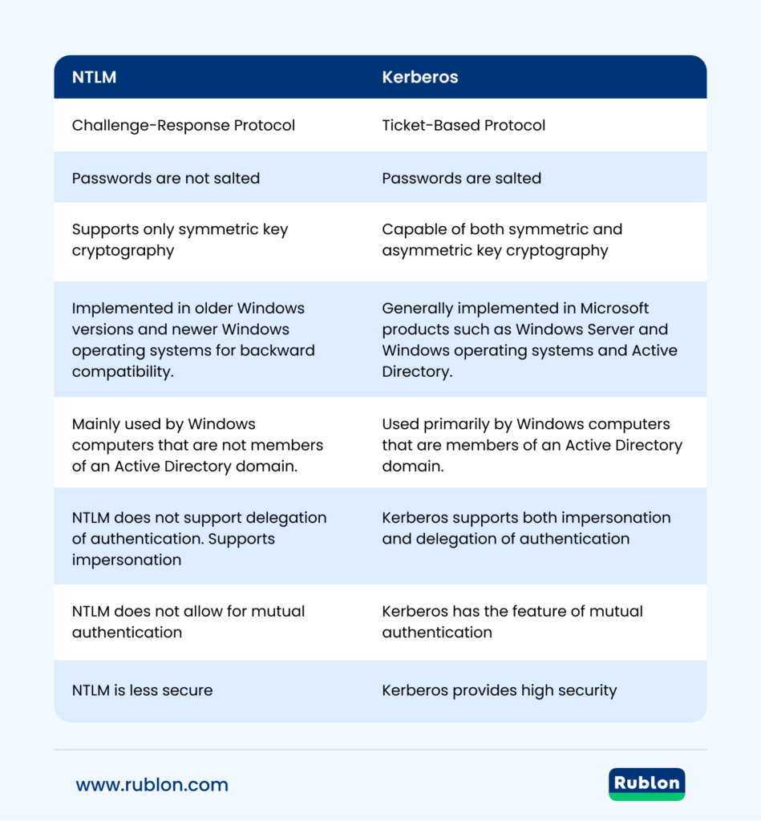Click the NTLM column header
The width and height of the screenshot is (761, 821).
(95, 78)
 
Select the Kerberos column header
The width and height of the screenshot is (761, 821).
(419, 78)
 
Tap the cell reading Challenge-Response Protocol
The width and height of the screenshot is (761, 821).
(184, 125)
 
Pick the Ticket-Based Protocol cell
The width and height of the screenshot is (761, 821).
(463, 125)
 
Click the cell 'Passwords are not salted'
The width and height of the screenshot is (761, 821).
(166, 178)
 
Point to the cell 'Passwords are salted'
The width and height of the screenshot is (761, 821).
(461, 178)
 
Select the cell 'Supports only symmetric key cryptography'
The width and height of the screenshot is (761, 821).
(180, 240)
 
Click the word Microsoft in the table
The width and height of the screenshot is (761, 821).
(611, 308)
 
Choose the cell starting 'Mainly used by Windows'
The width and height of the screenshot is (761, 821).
(197, 445)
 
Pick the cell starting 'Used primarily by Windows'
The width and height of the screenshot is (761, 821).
(532, 445)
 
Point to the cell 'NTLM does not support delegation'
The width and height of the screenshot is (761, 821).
(199, 538)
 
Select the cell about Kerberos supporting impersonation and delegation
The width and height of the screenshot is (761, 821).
(526, 528)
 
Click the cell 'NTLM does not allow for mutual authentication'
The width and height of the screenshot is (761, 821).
(188, 621)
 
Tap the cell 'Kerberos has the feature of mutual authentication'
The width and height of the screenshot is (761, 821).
(512, 621)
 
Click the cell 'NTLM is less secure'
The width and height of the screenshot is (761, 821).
(142, 690)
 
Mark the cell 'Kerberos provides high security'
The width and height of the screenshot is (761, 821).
(499, 690)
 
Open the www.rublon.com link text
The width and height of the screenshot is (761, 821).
(152, 785)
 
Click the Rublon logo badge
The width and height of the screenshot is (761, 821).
(646, 784)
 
